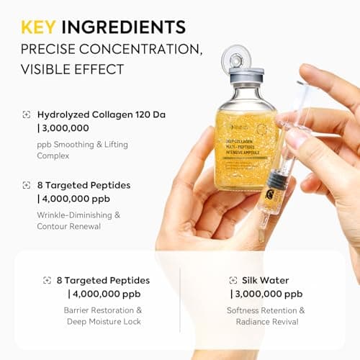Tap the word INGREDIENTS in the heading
(x=123, y=27)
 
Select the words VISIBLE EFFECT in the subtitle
(x=73, y=70)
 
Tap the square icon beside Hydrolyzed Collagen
(x=26, y=114)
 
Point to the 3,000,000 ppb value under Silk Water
(x=268, y=294)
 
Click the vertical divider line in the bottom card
(x=180, y=300)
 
